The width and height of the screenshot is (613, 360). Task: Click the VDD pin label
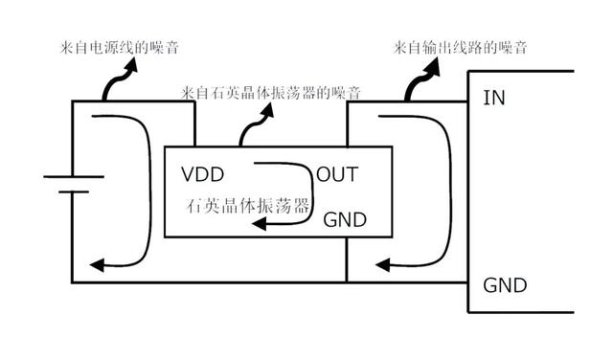[202, 174]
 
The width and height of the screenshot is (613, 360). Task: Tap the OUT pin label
[337, 174]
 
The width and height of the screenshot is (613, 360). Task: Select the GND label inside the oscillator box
[345, 219]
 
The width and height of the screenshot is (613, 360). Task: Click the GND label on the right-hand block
[504, 285]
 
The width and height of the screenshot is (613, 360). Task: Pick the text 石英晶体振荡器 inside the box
[248, 205]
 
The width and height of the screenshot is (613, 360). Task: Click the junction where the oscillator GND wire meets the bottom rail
[345, 283]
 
